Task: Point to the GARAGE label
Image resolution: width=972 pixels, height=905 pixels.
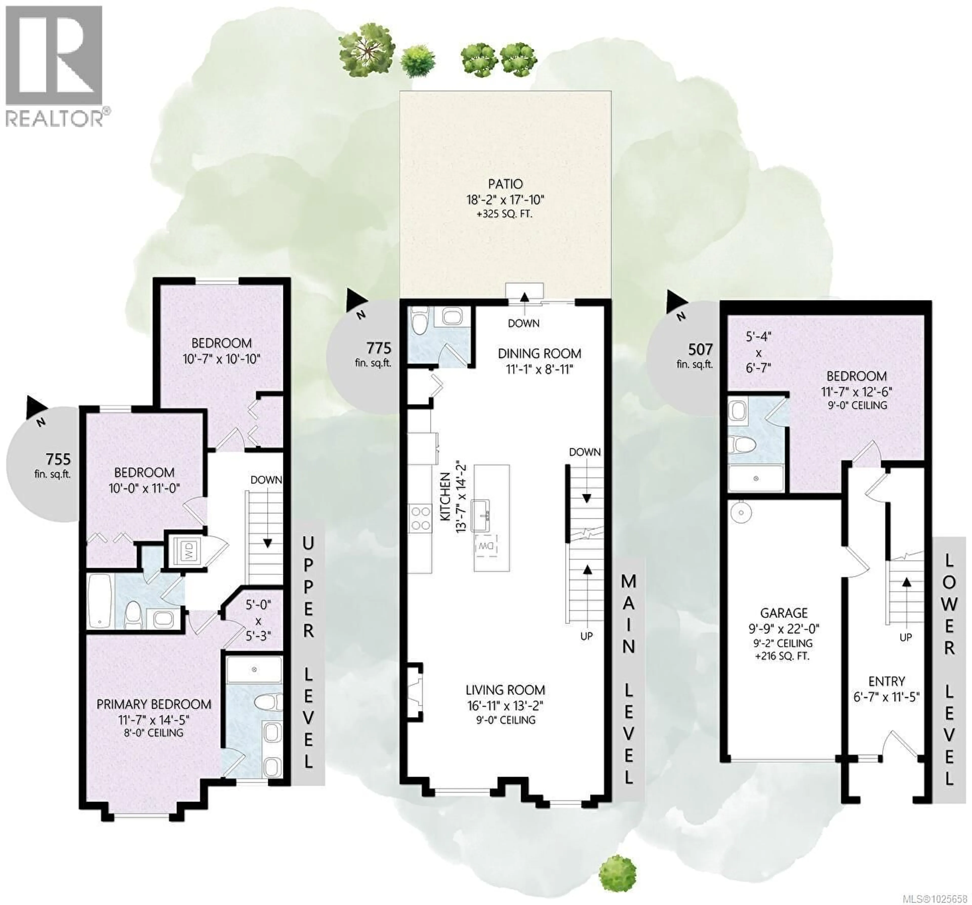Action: [783, 613]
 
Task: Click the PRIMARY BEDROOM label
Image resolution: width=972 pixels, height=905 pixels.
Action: [154, 704]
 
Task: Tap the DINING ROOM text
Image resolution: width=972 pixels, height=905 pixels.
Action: [539, 353]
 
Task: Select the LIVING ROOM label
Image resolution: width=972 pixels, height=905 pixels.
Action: [505, 690]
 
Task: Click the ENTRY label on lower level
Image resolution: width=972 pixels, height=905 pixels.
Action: [886, 681]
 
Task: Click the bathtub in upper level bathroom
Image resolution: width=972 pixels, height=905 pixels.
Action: [100, 600]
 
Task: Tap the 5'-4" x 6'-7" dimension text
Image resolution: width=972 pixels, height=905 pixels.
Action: [758, 352]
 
